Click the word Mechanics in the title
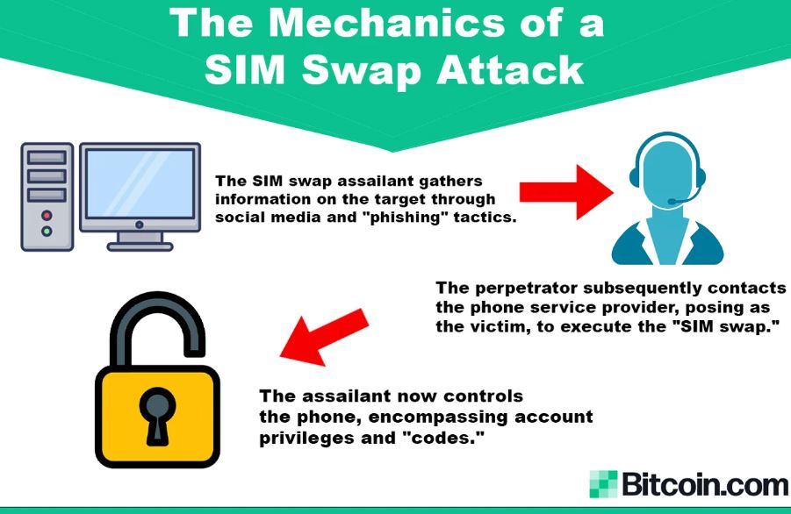click(x=385, y=23)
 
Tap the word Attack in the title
click(x=511, y=69)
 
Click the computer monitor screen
click(x=140, y=183)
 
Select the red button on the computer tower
click(x=47, y=216)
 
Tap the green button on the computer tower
click(x=47, y=232)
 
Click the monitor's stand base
click(x=140, y=246)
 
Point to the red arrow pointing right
click(x=566, y=192)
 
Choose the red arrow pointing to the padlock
click(x=325, y=337)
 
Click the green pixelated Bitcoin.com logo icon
click(x=603, y=484)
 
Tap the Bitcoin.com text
click(x=704, y=484)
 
